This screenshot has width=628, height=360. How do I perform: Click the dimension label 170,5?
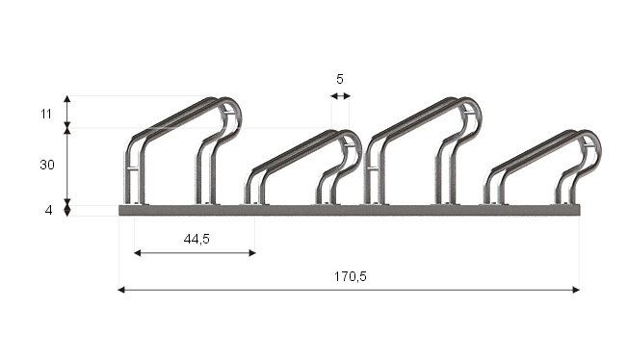click(x=351, y=276)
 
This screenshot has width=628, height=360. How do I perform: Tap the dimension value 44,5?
click(x=196, y=239)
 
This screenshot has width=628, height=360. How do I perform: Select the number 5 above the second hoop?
click(x=340, y=79)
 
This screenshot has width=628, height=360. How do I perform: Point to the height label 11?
click(x=46, y=115)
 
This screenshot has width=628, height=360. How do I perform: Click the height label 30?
click(x=47, y=165)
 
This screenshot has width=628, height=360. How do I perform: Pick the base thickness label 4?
click(x=48, y=210)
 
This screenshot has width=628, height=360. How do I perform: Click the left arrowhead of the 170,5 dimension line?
click(x=121, y=290)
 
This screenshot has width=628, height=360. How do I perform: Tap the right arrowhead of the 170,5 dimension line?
click(x=576, y=290)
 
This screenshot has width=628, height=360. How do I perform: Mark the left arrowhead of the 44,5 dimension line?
click(x=138, y=253)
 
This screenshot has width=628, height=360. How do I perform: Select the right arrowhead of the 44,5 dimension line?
click(x=252, y=253)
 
